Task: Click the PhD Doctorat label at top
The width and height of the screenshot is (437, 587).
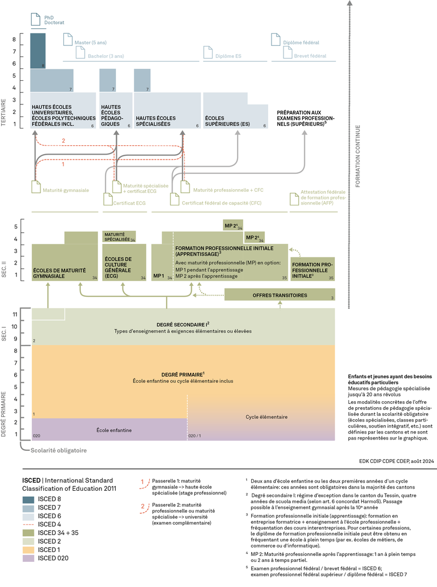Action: coord(54,21)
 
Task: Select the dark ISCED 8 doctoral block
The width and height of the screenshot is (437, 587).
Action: coord(38,50)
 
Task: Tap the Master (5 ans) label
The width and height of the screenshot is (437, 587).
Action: coord(91,42)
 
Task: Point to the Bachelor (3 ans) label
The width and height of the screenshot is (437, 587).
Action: coord(106,55)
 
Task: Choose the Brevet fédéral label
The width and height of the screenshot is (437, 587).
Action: coord(310,55)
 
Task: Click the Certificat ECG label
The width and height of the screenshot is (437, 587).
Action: coord(129,203)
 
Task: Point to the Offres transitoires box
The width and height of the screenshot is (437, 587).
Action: coord(279,295)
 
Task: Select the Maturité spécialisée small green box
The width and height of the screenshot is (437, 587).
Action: coord(117,236)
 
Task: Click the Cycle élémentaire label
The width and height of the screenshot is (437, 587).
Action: coord(266,416)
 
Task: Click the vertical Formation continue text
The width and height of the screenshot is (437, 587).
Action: coord(358,156)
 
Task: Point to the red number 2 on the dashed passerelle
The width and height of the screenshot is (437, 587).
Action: coord(63,140)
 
